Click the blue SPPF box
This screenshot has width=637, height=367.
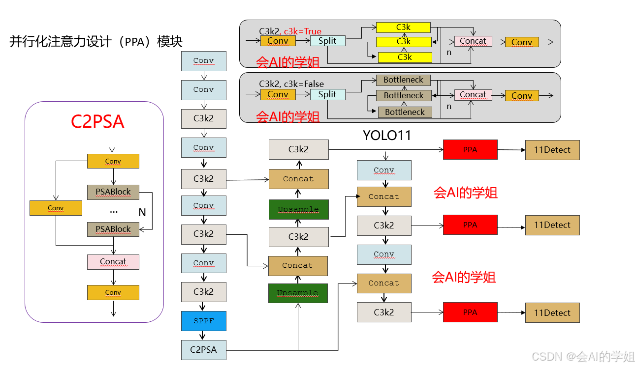204,321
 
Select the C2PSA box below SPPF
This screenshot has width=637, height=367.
204,350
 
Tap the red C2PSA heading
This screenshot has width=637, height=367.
97,121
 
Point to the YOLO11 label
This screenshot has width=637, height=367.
386,135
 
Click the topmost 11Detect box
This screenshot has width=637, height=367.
552,150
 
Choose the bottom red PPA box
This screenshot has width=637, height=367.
470,312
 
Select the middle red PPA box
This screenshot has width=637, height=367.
470,225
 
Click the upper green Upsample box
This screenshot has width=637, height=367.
298,209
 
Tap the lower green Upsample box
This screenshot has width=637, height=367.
298,293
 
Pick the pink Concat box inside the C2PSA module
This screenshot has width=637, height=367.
113,262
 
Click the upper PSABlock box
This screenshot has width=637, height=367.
113,192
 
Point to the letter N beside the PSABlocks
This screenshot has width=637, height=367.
142,212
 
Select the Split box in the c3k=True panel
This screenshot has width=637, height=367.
327,41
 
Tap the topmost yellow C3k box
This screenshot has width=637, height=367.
403,28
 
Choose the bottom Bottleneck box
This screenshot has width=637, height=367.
405,112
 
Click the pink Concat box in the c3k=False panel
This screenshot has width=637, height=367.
473,95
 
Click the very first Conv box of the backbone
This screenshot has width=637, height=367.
204,61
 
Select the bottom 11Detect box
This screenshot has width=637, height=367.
552,313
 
